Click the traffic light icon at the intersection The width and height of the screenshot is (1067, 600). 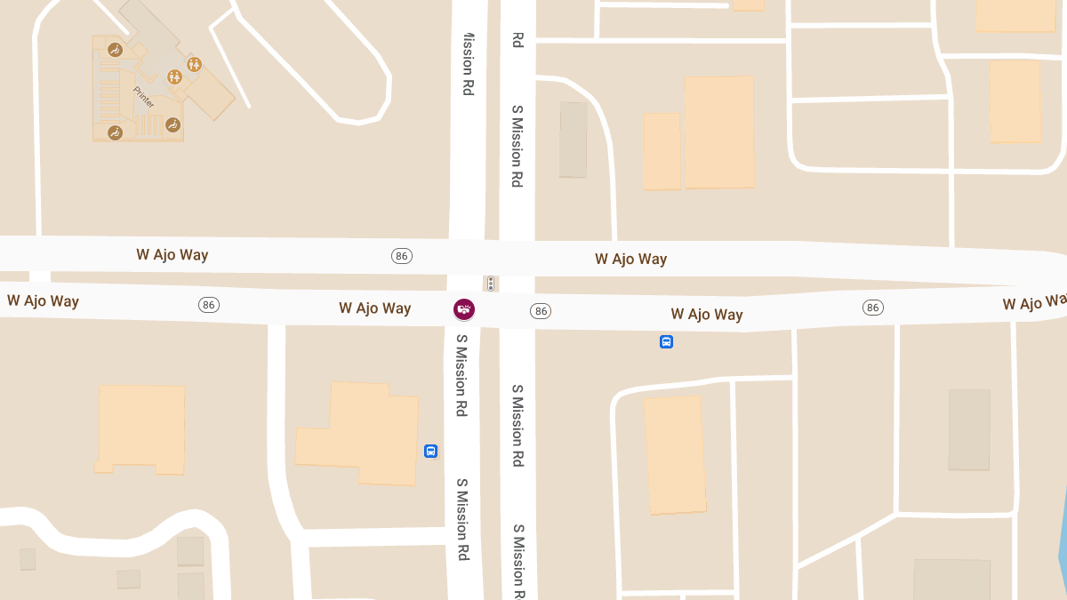[490, 284]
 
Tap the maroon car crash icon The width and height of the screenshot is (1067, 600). [464, 309]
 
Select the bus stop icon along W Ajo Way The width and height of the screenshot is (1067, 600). [666, 341]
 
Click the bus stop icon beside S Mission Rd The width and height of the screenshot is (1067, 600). [430, 451]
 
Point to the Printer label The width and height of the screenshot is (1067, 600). [143, 97]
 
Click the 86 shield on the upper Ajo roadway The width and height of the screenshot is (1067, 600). [402, 256]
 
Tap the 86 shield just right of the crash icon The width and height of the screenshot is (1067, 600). [541, 310]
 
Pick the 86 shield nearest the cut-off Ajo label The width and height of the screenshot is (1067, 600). [872, 308]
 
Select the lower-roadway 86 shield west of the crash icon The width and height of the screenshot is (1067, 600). [209, 305]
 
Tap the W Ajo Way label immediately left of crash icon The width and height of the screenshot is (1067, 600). [374, 308]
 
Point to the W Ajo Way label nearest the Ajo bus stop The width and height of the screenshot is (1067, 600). [707, 314]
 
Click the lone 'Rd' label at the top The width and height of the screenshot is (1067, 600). [517, 39]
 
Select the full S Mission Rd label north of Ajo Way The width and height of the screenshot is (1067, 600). [517, 146]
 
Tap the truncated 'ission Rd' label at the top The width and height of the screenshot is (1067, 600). [467, 64]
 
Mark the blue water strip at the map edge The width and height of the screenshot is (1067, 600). [1062, 533]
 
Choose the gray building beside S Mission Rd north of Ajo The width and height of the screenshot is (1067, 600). [574, 140]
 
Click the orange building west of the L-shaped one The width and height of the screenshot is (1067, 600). [140, 428]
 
